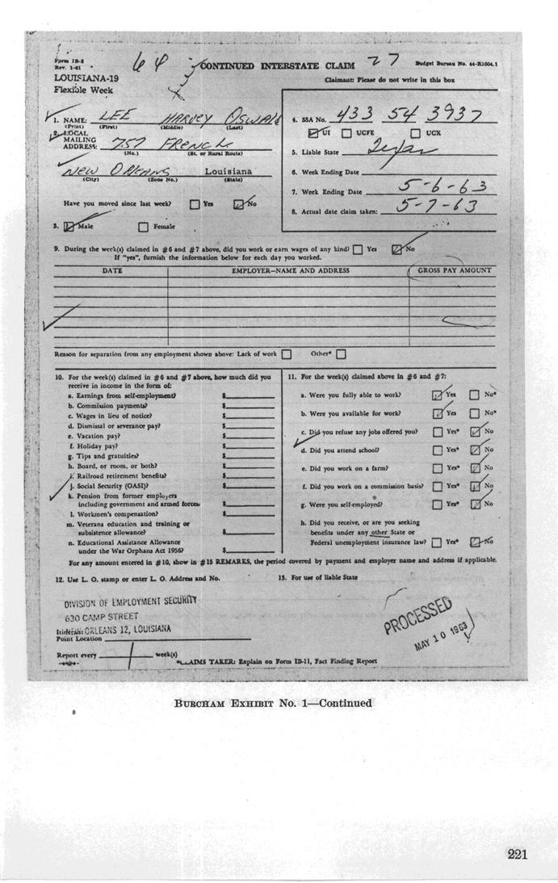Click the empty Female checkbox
(144, 227)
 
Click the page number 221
(517, 854)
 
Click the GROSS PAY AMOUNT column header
(454, 271)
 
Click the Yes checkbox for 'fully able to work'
(437, 395)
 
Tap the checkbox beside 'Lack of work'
(286, 354)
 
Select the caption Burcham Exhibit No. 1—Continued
(273, 704)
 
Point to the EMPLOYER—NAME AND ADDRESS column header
(290, 271)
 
